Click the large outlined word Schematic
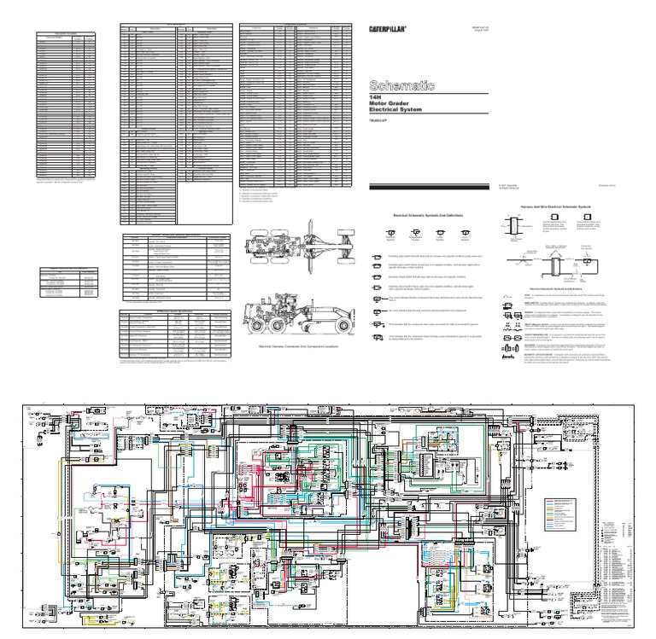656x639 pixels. (x=401, y=85)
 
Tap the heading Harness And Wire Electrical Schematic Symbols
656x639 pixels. (x=554, y=206)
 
